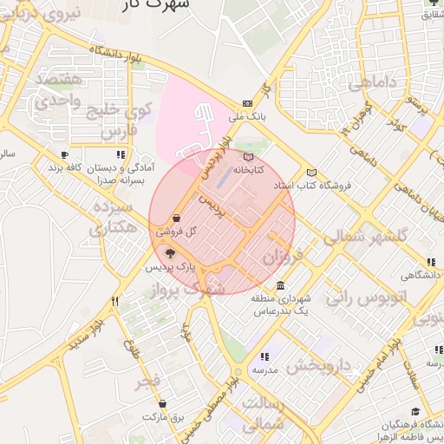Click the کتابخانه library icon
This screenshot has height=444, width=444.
pyautogui.click(x=249, y=157)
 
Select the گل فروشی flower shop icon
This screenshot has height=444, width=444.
pyautogui.click(x=177, y=219)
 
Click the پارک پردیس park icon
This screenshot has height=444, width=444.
pyautogui.click(x=169, y=254)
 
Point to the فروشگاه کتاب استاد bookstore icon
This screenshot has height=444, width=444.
pyautogui.click(x=312, y=173)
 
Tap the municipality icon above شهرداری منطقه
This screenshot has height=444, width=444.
pyautogui.click(x=279, y=285)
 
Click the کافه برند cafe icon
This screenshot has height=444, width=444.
pyautogui.click(x=64, y=155)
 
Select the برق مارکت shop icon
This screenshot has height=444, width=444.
pyautogui.click(x=163, y=403)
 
